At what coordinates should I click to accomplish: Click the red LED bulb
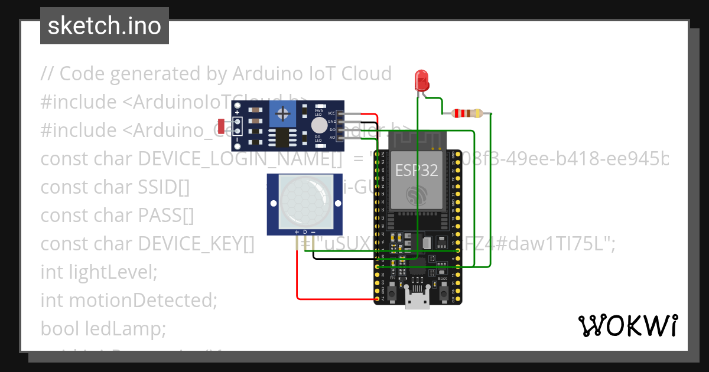click(421, 79)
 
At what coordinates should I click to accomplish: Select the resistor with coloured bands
click(467, 113)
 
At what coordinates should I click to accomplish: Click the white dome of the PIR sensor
click(305, 202)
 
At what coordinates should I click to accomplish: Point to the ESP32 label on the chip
click(417, 171)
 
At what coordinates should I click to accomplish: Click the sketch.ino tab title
click(105, 26)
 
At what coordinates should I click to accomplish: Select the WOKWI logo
click(627, 325)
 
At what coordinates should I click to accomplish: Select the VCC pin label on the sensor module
click(331, 113)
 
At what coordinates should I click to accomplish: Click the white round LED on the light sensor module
click(319, 125)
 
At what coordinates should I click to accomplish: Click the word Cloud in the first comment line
click(360, 74)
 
